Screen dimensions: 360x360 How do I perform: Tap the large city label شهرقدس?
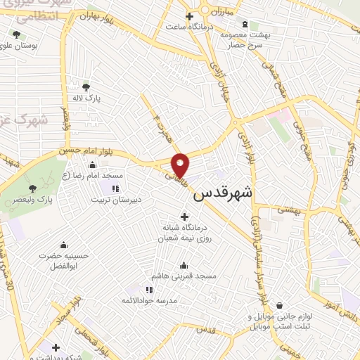[223, 192]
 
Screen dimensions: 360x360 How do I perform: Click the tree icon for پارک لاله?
[86, 87]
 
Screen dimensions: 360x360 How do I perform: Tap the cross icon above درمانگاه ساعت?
[188, 16]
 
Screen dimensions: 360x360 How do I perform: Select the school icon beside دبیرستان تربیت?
[116, 188]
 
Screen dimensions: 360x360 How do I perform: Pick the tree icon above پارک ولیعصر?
[32, 188]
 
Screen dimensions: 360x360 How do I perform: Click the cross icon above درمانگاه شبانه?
[184, 216]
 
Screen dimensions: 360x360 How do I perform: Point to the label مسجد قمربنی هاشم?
[184, 276]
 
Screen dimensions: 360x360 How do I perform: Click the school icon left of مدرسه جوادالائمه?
[149, 289]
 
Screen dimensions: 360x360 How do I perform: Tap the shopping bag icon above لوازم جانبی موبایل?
[281, 306]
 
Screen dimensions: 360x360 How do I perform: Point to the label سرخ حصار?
[243, 44]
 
